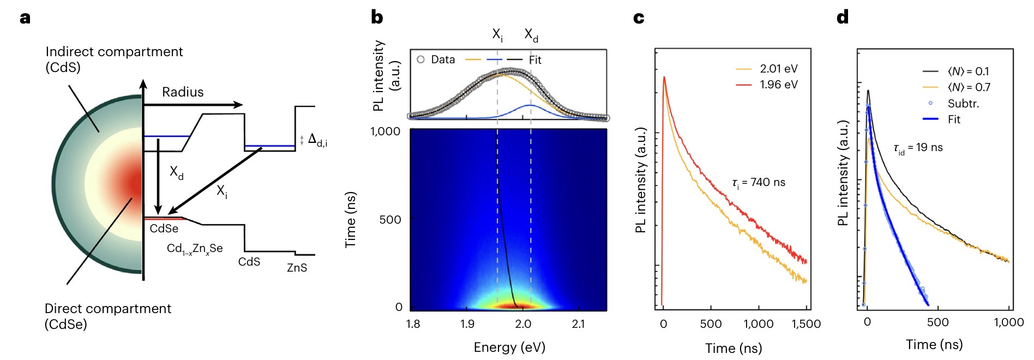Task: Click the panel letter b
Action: point(377,17)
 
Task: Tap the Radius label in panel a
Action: point(183,92)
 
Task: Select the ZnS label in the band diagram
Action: point(297,268)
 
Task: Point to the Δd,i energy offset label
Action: point(317,140)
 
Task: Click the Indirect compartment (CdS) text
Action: point(114,59)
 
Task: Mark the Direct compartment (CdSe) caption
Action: point(107,316)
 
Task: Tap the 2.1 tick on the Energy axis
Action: point(578,324)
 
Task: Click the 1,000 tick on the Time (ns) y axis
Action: point(385,131)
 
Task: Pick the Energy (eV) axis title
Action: point(509,347)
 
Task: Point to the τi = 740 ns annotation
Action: point(759,183)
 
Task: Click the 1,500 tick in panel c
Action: point(805,324)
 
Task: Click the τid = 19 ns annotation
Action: point(918,148)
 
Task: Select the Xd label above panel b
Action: point(531,35)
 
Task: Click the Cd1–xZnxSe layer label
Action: point(195,249)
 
